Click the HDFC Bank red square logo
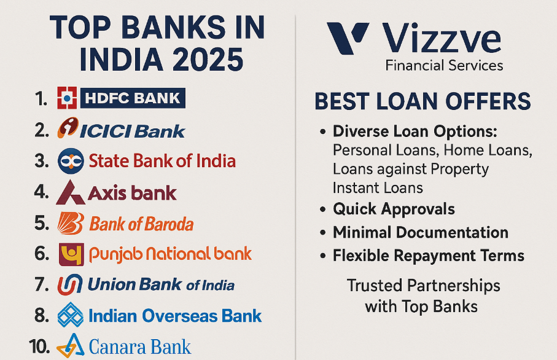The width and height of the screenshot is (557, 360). click(x=67, y=98)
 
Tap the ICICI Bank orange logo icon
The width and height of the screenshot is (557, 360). click(x=68, y=130)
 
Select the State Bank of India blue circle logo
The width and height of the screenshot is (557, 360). click(x=70, y=161)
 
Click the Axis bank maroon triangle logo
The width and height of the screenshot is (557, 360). click(x=70, y=193)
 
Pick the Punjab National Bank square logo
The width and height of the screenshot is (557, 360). click(x=71, y=254)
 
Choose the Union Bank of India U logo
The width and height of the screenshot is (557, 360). click(x=69, y=285)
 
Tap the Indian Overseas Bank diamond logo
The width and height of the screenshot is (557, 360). click(x=70, y=316)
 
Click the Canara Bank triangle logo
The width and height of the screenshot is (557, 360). click(x=70, y=345)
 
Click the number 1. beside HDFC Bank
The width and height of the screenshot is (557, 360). click(x=41, y=99)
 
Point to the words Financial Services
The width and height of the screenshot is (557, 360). click(x=444, y=65)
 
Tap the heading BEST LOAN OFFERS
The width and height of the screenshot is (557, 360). click(x=423, y=102)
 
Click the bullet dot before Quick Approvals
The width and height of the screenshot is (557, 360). click(x=323, y=210)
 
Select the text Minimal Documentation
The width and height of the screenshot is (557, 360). click(x=421, y=233)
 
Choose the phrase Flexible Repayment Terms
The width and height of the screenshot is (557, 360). click(x=429, y=256)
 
